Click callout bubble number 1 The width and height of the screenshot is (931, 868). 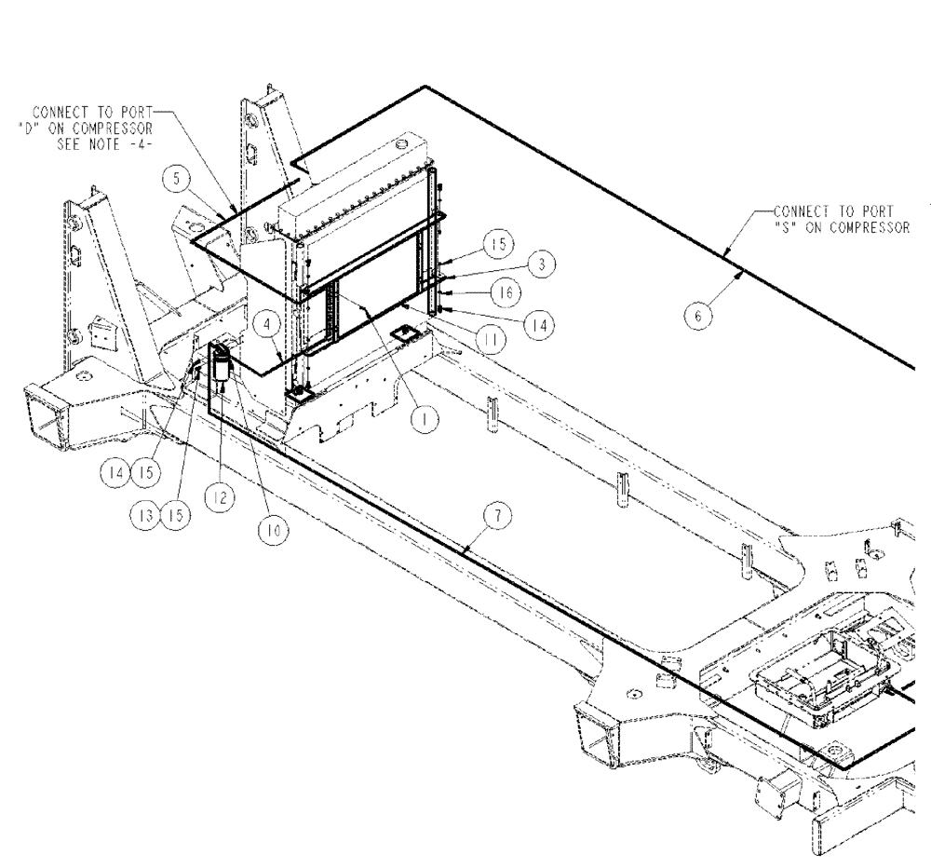pyautogui.click(x=424, y=420)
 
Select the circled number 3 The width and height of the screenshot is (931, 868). pyautogui.click(x=537, y=265)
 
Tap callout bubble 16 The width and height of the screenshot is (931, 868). pyautogui.click(x=503, y=292)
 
